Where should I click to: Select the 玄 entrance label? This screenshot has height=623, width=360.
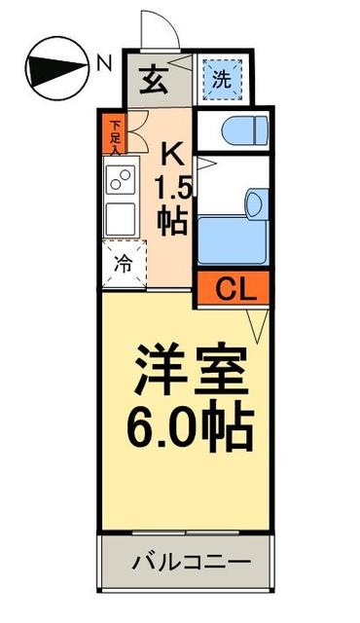pyautogui.click(x=155, y=79)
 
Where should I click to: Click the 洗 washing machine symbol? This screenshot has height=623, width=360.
pyautogui.click(x=223, y=80)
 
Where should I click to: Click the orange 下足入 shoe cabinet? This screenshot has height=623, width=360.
pyautogui.click(x=115, y=136)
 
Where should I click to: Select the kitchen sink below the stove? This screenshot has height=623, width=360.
pyautogui.click(x=123, y=215)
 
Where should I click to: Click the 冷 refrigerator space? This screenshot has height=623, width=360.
pyautogui.click(x=124, y=262)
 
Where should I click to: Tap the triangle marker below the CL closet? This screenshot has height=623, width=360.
pyautogui.click(x=256, y=323)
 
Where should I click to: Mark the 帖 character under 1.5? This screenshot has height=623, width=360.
pyautogui.click(x=173, y=222)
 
